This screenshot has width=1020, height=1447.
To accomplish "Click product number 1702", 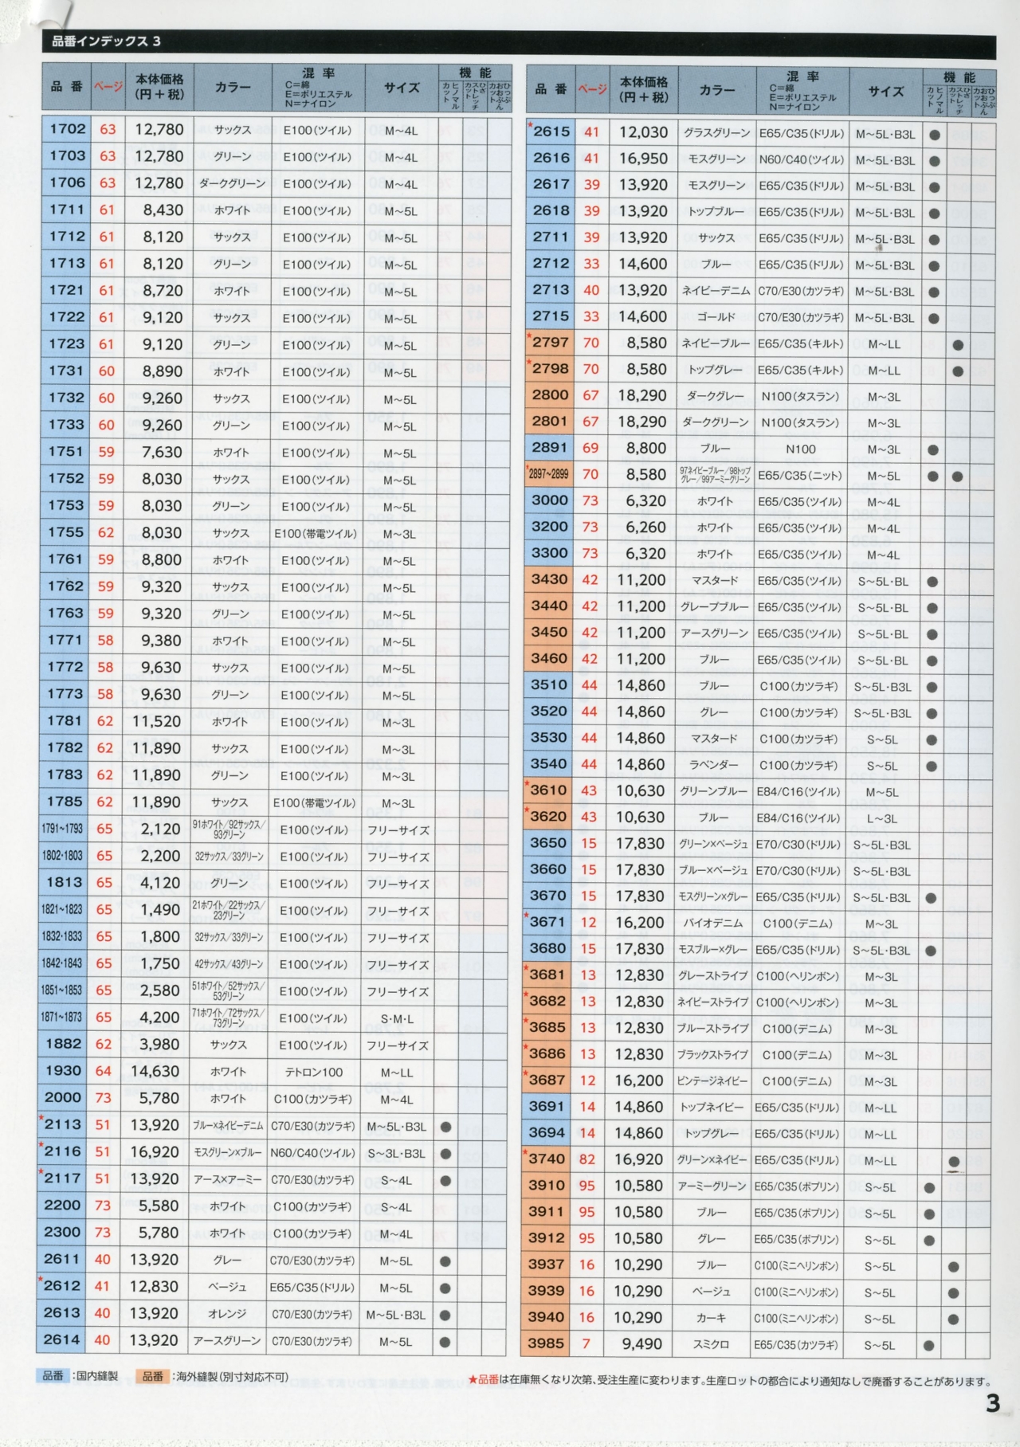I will coord(68,129).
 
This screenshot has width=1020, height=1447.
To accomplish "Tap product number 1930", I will coord(64,1071).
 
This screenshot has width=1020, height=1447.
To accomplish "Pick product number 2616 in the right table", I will coord(551,159).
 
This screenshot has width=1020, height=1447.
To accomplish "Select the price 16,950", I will coord(643,159).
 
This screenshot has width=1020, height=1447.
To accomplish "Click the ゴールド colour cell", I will coord(716,317).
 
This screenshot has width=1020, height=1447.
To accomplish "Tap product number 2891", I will coord(550,448).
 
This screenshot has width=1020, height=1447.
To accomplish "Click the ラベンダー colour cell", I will coord(714,765).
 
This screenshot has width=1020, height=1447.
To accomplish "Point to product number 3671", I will coord(548,922).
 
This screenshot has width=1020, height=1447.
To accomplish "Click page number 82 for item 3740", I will coord(587,1159).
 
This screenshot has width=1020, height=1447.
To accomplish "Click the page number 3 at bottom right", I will coord(992,1403).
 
